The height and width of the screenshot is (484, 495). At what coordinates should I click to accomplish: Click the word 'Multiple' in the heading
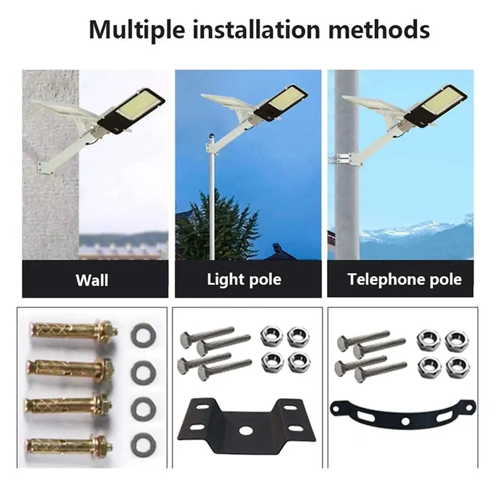click(137, 30)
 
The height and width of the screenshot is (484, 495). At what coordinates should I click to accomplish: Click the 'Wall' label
click(92, 280)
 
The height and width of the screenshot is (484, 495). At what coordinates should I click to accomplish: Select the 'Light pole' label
click(244, 280)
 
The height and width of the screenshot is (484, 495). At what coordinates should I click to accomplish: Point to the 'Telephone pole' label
click(405, 279)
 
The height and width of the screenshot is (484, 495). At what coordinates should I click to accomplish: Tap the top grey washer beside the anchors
click(144, 334)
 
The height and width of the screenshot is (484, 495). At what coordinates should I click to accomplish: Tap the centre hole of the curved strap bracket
click(405, 421)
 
